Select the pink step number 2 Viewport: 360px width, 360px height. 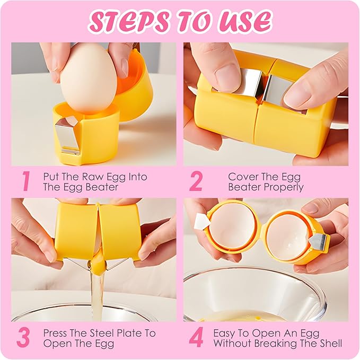(x=196, y=181)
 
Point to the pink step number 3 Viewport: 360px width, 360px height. (x=23, y=338)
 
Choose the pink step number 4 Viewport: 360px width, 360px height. (x=197, y=337)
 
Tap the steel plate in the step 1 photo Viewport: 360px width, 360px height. (x=67, y=135)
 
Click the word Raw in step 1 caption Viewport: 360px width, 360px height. (x=90, y=177)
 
